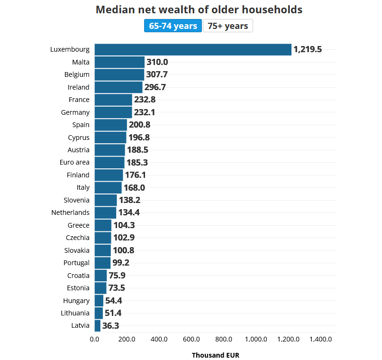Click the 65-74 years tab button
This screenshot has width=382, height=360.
tap(173, 26)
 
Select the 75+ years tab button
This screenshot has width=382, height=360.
tap(228, 26)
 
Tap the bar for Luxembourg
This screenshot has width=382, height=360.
tap(193, 50)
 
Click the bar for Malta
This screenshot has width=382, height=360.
tap(119, 62)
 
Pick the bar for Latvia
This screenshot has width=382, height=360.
tap(98, 326)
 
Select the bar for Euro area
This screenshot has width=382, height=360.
tap(109, 163)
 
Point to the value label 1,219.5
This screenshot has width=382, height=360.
tap(308, 49)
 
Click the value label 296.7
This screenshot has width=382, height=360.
tap(155, 87)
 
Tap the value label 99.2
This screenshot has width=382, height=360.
tap(121, 263)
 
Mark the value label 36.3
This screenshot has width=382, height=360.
tap(110, 326)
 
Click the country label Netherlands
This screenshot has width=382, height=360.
tap(71, 212)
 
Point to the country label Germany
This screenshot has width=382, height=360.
tap(75, 112)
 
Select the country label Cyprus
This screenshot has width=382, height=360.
tap(79, 138)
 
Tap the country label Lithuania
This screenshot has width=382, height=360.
tap(75, 313)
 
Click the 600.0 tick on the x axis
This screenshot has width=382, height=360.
tap(191, 339)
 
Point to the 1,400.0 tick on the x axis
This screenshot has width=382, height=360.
tap(320, 339)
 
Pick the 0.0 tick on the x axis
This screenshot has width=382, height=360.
tap(94, 339)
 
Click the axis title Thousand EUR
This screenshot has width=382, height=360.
tap(216, 355)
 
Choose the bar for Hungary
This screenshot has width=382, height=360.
tap(99, 301)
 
